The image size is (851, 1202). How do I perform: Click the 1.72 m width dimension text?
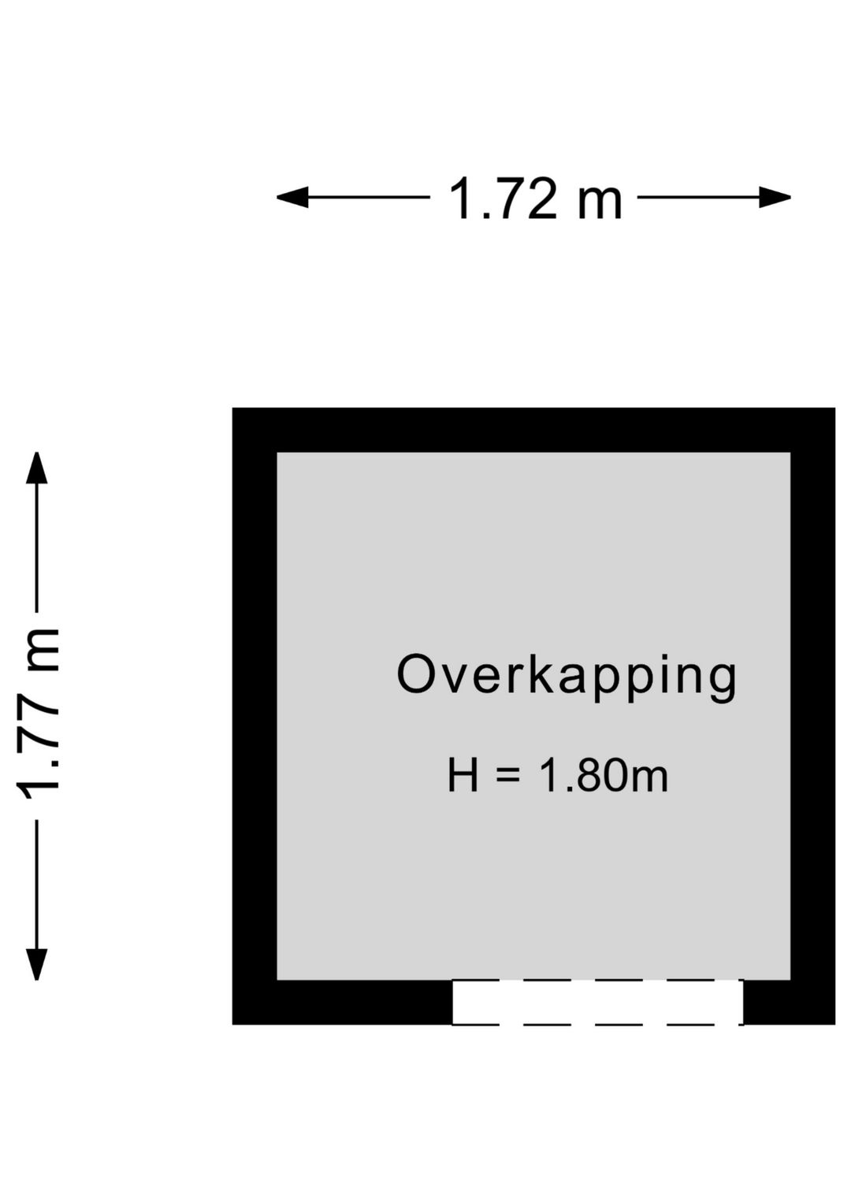pos(535,199)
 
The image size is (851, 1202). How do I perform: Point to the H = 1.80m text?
pos(557,775)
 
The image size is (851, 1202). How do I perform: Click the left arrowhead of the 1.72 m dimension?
pos(292,197)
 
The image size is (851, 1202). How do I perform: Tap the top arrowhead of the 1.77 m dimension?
pos(37,468)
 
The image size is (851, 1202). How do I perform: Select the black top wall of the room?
pos(533,430)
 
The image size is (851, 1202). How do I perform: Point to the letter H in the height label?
pos(463,775)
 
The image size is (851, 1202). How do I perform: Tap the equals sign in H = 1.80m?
pos(508,775)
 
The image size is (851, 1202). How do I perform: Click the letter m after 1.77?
pos(44,649)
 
